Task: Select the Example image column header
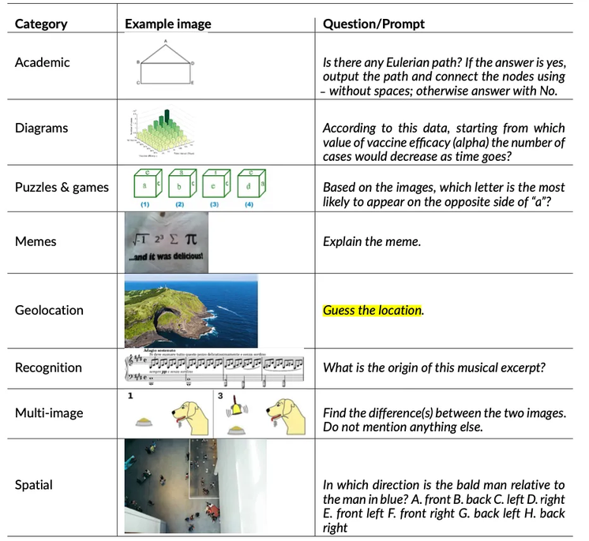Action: [x=167, y=24]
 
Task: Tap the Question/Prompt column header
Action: [x=373, y=24]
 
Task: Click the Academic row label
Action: [x=42, y=62]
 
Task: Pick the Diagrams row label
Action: [x=41, y=128]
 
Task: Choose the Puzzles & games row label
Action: [x=62, y=187]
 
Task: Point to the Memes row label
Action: [x=36, y=241]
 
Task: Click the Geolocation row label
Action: [x=49, y=310]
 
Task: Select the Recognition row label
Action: [x=48, y=368]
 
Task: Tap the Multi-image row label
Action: [x=49, y=412]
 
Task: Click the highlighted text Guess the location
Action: [x=373, y=310]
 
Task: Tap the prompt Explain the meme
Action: [x=372, y=241]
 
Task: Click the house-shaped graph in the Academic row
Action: [x=166, y=63]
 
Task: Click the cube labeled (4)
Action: [x=250, y=187]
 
